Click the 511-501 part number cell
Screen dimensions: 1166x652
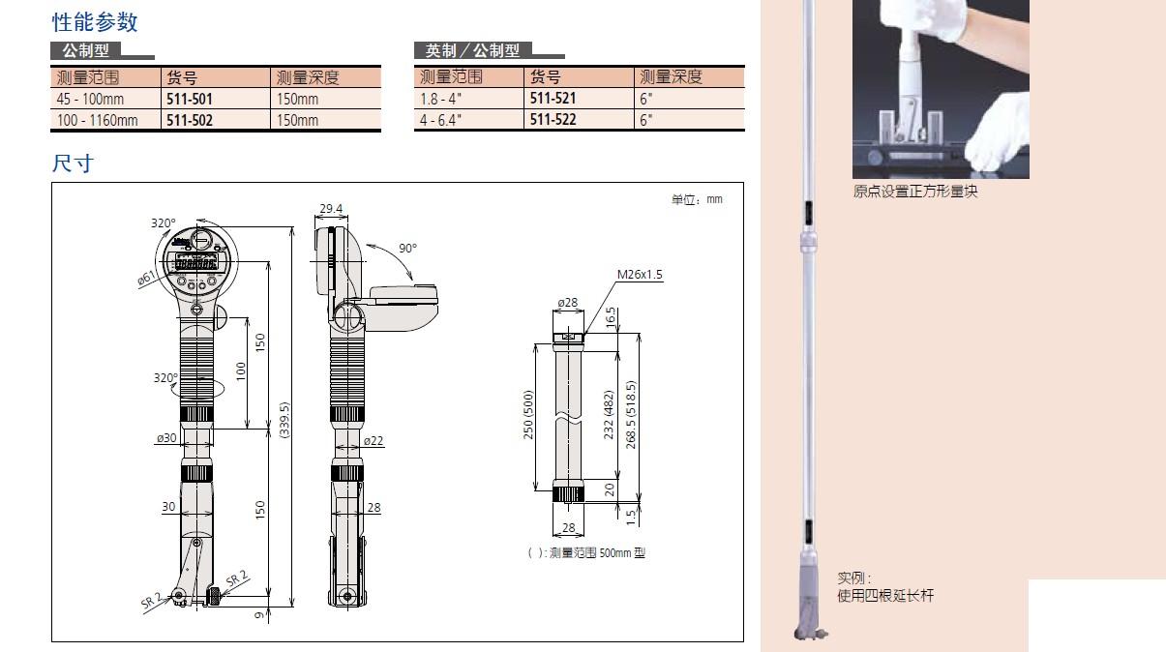point(189,99)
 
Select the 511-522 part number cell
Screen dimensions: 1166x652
point(553,120)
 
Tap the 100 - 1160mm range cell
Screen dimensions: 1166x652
point(98,120)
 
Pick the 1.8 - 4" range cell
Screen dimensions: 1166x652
point(440,99)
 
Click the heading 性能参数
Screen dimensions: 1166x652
point(95,22)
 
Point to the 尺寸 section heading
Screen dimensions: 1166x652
point(73,163)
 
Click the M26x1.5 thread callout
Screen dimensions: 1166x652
point(640,274)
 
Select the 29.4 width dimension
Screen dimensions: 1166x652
point(331,209)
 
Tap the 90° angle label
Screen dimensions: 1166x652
point(408,249)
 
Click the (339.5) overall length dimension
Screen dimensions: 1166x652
point(284,420)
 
